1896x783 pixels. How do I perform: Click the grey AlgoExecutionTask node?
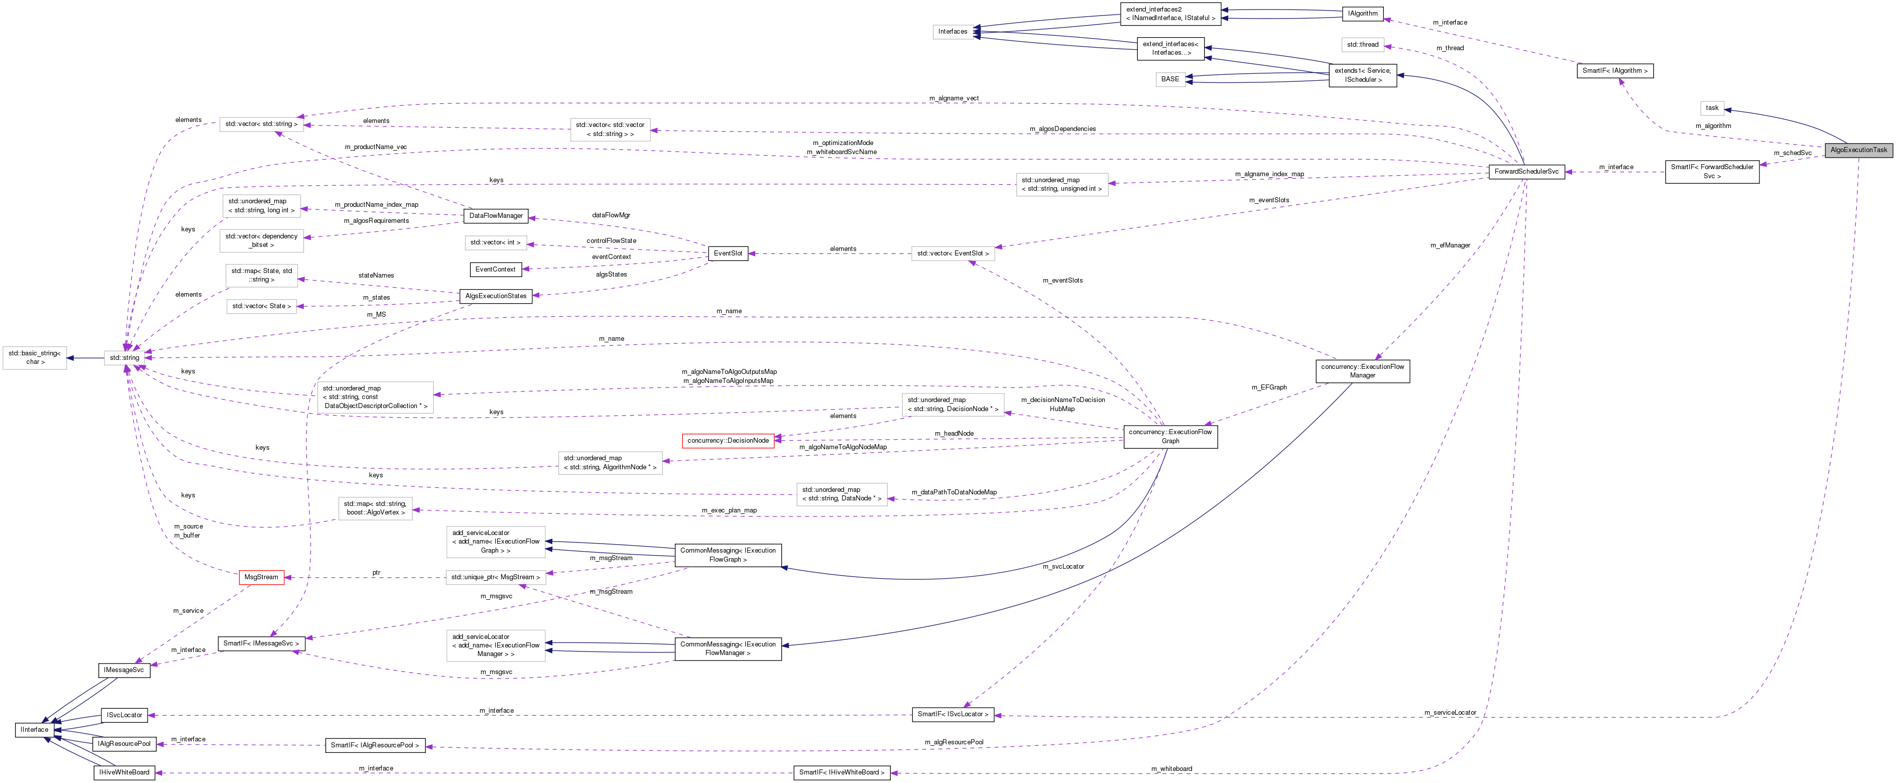(1858, 150)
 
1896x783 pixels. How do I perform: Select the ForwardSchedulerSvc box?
(1526, 172)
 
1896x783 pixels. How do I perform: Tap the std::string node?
(125, 358)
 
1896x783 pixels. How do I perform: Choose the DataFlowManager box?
(496, 216)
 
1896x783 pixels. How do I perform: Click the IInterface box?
(34, 729)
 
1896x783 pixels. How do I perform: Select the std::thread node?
(1362, 45)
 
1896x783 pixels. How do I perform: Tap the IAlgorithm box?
(1362, 13)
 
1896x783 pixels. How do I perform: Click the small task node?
(1712, 108)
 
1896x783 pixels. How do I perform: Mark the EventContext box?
(496, 270)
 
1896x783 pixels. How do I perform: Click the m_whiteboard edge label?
(1171, 768)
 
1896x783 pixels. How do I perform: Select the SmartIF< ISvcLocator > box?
(953, 714)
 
